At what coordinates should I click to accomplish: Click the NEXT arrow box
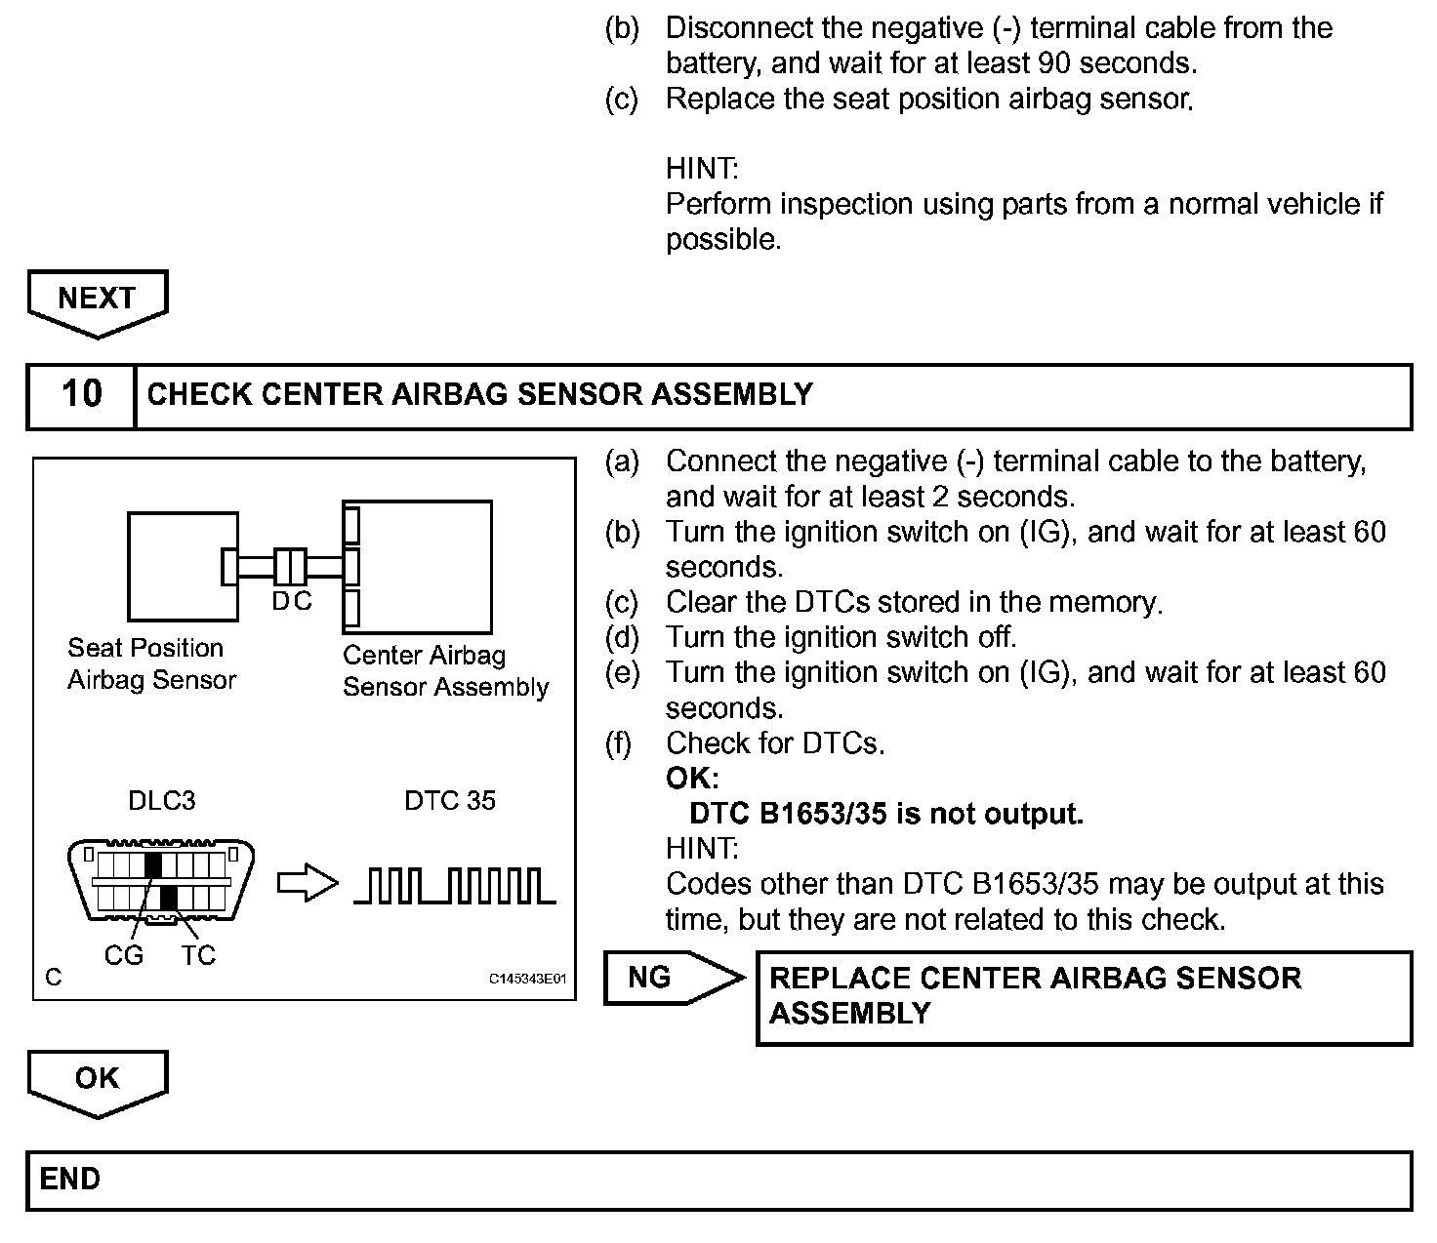coord(97,300)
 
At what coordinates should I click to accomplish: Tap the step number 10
coord(81,394)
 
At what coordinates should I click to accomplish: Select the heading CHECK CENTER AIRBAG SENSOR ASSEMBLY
coord(479,394)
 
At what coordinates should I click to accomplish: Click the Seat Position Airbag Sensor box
coord(183,566)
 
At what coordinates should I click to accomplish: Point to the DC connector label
coord(291,602)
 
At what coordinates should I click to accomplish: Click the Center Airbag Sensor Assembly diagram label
coord(445,671)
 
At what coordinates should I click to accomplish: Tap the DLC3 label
coord(162,801)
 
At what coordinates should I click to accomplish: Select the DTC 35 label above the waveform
coord(450,801)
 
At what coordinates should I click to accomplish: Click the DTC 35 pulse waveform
coord(455,884)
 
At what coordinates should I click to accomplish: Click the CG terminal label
coord(124,955)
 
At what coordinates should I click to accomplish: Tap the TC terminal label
coord(197,955)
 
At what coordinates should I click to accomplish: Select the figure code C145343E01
coord(527,979)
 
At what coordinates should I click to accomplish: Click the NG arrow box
coord(664,978)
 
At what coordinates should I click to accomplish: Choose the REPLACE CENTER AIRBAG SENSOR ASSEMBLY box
coord(1084,997)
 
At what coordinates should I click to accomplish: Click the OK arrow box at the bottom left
coord(97,1080)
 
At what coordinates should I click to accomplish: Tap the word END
coord(70,1180)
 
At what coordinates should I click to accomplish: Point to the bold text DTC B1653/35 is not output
coord(886,814)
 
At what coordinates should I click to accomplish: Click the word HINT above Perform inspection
coord(702,169)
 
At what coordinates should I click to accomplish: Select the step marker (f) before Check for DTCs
coord(619,743)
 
